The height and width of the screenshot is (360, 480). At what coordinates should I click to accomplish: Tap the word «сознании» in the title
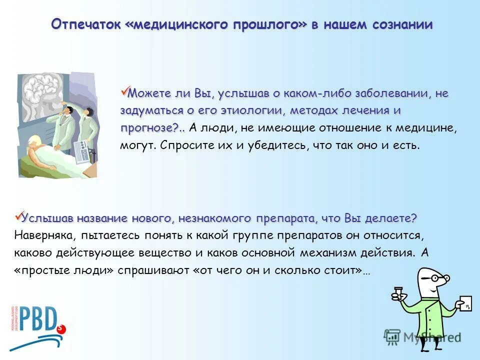click(401, 25)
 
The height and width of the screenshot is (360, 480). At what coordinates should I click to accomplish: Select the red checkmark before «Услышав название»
click(19, 216)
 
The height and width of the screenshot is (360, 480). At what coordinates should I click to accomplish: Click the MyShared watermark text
click(432, 336)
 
